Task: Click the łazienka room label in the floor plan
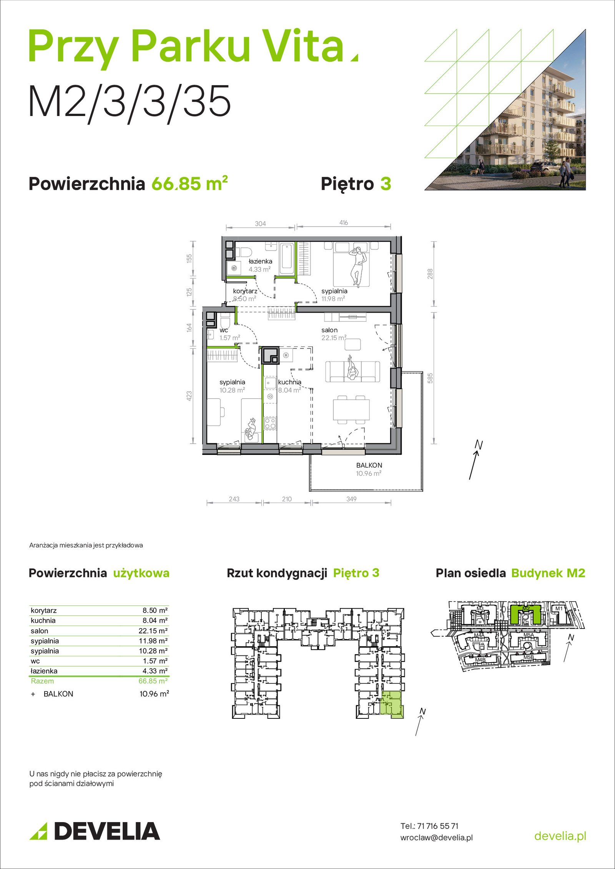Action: click(260, 261)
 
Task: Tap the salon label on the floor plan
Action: click(329, 330)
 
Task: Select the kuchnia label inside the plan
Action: click(289, 382)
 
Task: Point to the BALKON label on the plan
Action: click(369, 465)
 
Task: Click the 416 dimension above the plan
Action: click(344, 223)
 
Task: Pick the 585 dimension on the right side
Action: click(430, 378)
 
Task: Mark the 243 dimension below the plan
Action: click(234, 499)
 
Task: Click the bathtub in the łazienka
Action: click(287, 258)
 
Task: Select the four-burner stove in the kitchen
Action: click(270, 423)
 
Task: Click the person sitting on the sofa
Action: click(352, 368)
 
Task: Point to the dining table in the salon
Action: click(351, 410)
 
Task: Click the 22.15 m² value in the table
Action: click(153, 631)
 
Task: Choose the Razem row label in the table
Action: click(42, 681)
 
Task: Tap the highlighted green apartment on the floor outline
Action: click(392, 704)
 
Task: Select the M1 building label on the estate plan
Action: click(558, 609)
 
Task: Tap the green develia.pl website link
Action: click(560, 836)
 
